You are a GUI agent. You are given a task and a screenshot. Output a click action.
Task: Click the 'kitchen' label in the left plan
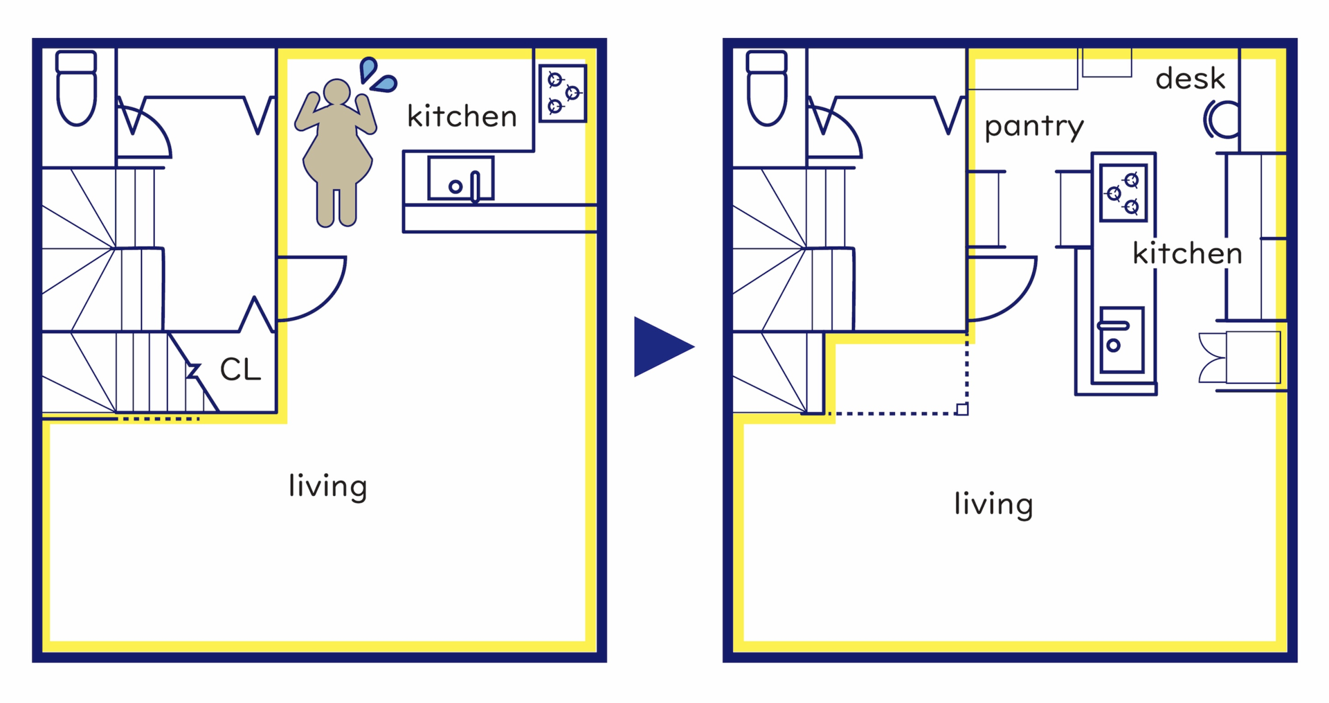pos(462,116)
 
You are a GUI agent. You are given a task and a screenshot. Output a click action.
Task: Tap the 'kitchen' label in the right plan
pos(1187,253)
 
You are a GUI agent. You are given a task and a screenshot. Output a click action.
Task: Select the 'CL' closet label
pos(240,370)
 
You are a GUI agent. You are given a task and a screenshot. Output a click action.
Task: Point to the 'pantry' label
pos(1034,127)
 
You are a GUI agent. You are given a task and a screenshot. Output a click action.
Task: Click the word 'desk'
pos(1191,79)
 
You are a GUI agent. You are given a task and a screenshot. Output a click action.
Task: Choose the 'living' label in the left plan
pos(327,486)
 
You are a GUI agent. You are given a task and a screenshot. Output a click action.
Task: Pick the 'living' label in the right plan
pos(993,504)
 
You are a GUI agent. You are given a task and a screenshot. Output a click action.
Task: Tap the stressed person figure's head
pos(337,92)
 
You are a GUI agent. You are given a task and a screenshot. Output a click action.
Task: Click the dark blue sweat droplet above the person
pos(368,69)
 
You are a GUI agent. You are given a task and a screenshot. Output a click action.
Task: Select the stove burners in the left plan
pos(563,93)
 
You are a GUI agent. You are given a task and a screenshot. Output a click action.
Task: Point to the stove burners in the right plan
pos(1123,193)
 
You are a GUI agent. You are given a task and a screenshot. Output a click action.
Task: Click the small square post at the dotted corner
pos(962,409)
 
